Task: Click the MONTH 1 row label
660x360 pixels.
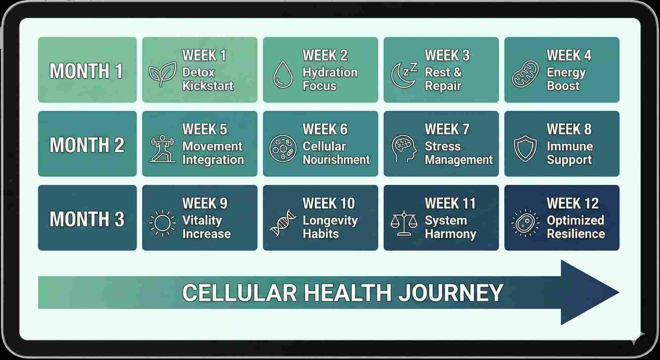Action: pyautogui.click(x=86, y=71)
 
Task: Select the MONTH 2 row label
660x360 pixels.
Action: pyautogui.click(x=87, y=145)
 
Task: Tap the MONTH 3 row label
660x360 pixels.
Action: pyautogui.click(x=87, y=219)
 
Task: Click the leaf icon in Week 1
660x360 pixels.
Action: pyautogui.click(x=162, y=74)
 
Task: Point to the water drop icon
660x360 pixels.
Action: pyautogui.click(x=283, y=74)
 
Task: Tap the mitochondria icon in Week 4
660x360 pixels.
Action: pyautogui.click(x=525, y=74)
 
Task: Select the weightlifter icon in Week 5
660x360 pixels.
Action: pyautogui.click(x=162, y=149)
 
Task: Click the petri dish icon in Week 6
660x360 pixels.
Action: pyautogui.click(x=283, y=148)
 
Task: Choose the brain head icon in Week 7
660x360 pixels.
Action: pyautogui.click(x=404, y=149)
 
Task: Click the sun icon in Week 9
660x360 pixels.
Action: pyautogui.click(x=162, y=223)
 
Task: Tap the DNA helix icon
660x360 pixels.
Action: pyautogui.click(x=283, y=223)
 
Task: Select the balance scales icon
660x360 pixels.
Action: pyautogui.click(x=404, y=223)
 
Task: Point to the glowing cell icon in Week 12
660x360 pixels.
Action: pyautogui.click(x=525, y=223)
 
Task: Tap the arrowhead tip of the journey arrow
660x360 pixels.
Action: pyautogui.click(x=619, y=292)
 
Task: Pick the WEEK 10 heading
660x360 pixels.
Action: pyautogui.click(x=328, y=203)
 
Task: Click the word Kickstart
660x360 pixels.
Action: pyautogui.click(x=208, y=86)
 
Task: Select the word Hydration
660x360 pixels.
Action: pyautogui.click(x=330, y=73)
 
